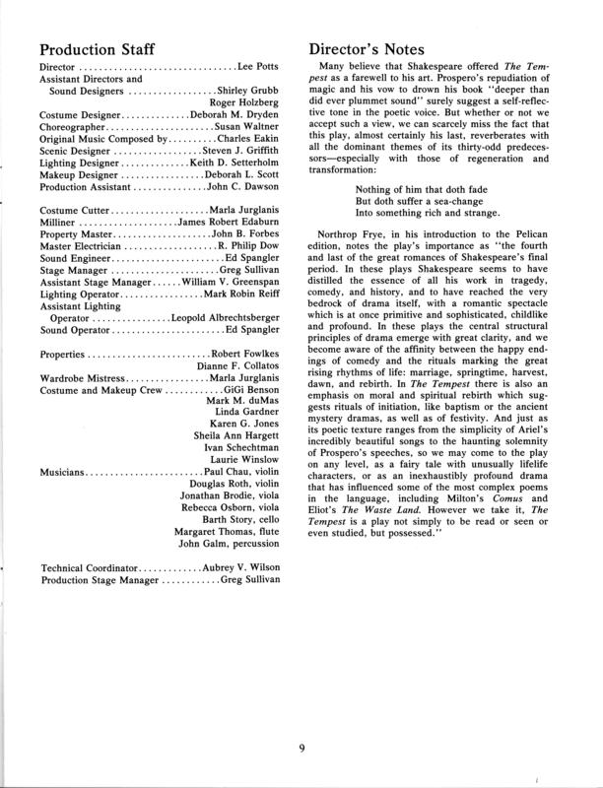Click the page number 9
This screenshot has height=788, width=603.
[301, 747]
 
